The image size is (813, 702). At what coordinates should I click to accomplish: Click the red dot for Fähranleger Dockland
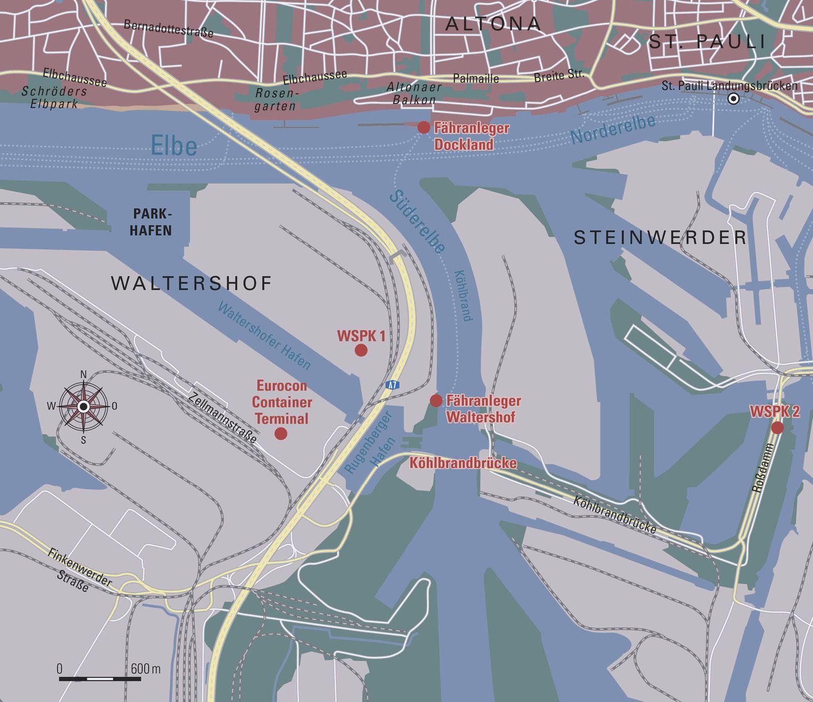(423, 127)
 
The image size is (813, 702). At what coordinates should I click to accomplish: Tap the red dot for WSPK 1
(361, 350)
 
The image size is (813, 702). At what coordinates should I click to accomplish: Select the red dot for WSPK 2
(777, 428)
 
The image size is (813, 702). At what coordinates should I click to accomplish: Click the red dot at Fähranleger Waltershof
(435, 401)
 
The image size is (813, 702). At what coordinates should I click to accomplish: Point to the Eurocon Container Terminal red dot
(280, 433)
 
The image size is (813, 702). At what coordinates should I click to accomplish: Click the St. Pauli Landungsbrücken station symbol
(733, 99)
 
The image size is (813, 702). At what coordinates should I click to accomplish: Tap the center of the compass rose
(84, 406)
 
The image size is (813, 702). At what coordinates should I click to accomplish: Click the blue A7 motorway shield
(391, 385)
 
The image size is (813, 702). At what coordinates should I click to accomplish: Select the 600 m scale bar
(100, 679)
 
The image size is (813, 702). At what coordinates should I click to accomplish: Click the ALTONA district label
(492, 24)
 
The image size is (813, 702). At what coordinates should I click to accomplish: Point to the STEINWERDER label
(660, 237)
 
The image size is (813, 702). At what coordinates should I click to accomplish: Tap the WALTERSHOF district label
(192, 283)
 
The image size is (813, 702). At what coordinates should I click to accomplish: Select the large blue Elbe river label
(174, 146)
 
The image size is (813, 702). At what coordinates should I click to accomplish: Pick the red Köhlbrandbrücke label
(463, 463)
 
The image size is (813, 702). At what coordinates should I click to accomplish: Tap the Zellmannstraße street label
(223, 418)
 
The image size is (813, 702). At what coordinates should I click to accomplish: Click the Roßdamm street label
(763, 467)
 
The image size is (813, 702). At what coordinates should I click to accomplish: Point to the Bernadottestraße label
(168, 29)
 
